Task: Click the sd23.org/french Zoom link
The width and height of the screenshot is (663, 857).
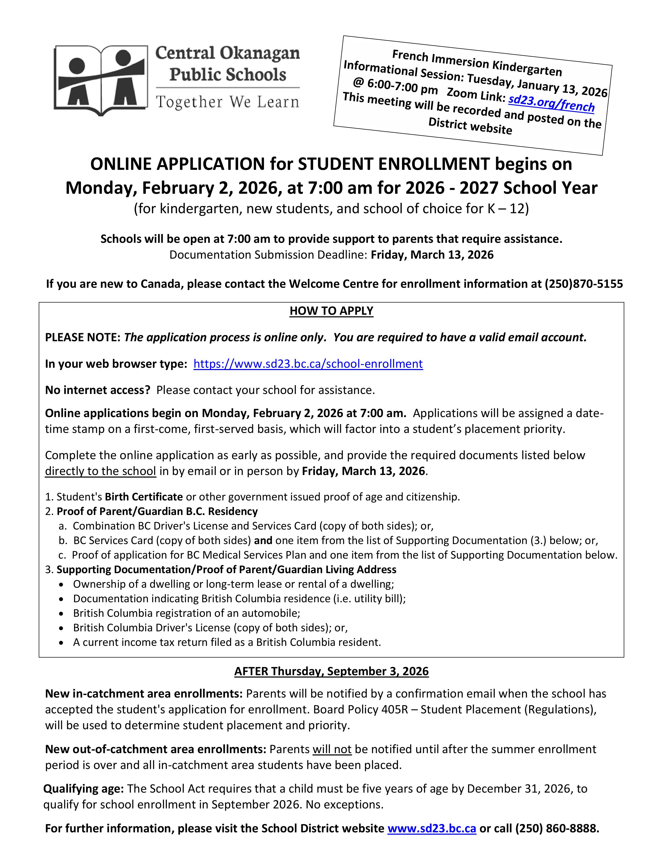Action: click(x=551, y=103)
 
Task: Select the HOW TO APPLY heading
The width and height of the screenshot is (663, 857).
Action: click(x=331, y=311)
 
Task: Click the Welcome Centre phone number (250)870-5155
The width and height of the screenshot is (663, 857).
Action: click(x=583, y=284)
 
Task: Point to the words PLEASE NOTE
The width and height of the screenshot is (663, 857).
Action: click(x=82, y=337)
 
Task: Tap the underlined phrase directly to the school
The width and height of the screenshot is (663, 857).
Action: click(x=101, y=471)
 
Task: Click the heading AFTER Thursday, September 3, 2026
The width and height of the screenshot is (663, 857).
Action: click(x=331, y=671)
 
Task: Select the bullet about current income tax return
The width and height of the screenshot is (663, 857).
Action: click(x=227, y=642)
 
